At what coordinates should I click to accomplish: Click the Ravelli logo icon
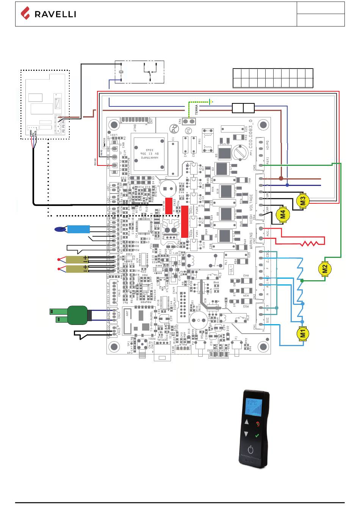[25, 14]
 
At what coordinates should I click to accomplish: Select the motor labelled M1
[303, 334]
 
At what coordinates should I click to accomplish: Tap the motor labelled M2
[324, 268]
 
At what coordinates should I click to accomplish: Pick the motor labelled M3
[303, 201]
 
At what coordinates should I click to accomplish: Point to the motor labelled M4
[282, 215]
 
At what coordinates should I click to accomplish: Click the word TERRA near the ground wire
[196, 110]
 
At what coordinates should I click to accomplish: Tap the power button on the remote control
[250, 450]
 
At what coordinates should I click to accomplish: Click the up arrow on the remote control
[247, 422]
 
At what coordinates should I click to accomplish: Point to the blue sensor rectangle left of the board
[78, 229]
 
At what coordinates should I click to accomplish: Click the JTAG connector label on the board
[135, 128]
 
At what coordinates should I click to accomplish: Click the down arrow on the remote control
[246, 434]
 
